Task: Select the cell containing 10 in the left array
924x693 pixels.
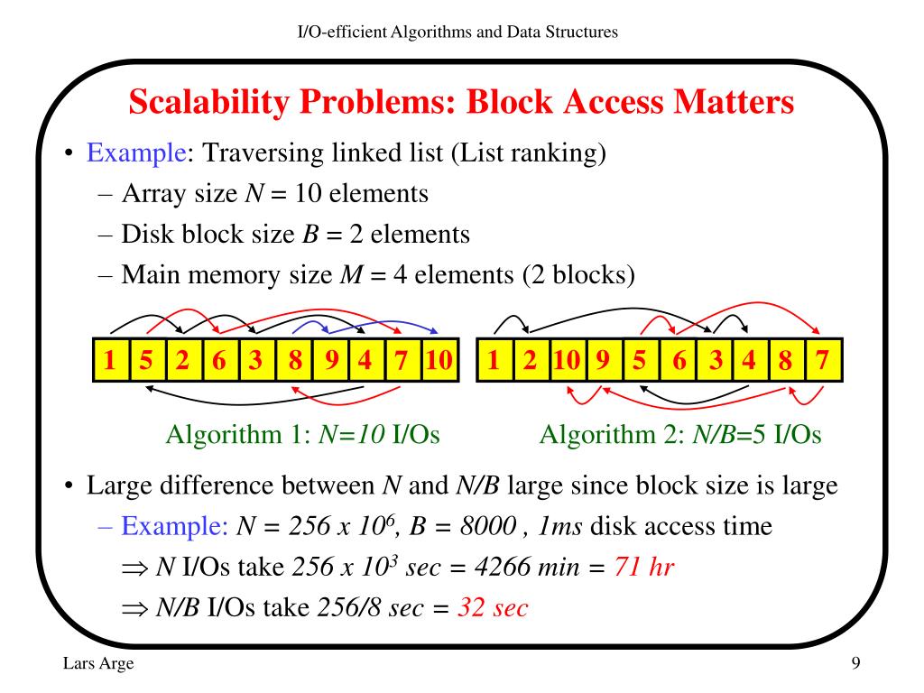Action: point(439,362)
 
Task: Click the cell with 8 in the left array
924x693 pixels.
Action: point(295,362)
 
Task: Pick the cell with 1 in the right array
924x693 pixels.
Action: point(494,362)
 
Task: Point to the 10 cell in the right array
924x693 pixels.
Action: point(568,362)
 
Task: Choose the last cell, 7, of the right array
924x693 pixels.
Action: point(822,362)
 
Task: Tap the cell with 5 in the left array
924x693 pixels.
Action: point(146,362)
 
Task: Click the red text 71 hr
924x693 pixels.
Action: point(644,568)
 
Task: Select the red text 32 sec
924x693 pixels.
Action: point(493,607)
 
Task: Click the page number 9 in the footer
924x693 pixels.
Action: point(855,665)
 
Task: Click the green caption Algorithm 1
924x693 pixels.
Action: point(234,436)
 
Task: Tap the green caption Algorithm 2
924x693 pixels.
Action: point(611,436)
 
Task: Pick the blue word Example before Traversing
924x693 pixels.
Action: point(135,153)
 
